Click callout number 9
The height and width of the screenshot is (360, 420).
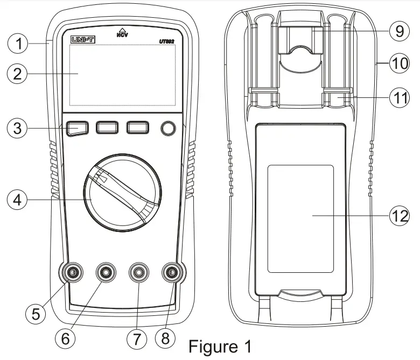pos(398,31)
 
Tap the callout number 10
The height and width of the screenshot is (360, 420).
pos(399,64)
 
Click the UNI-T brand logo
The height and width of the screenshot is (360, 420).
pos(81,39)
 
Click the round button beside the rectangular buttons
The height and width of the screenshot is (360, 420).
pos(169,128)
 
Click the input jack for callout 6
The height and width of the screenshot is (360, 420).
pos(106,273)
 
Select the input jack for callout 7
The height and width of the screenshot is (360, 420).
pos(139,273)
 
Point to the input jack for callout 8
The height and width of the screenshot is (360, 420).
pos(172,273)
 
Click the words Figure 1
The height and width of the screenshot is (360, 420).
pos(219,345)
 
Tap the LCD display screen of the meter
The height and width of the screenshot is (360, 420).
pos(122,75)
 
